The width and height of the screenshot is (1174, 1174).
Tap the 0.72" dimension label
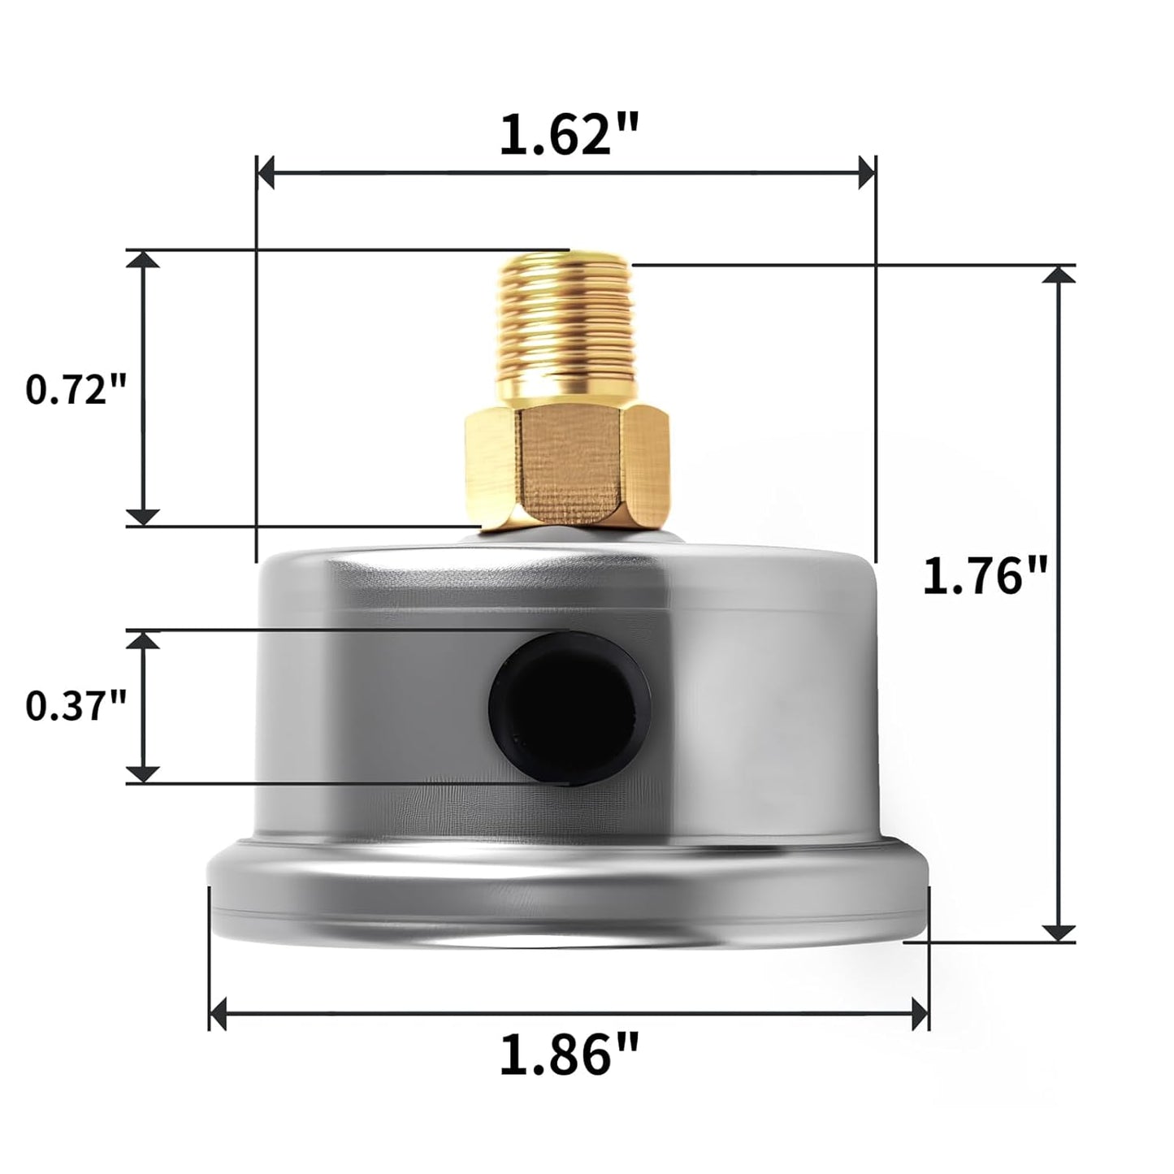77,390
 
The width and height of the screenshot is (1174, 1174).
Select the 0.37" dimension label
77,705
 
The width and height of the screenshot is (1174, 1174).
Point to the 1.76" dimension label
981,577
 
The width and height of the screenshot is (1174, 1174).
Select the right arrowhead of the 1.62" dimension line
866,172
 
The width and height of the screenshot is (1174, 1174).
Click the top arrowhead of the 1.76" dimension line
1058,275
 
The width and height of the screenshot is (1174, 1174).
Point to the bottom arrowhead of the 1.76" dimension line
1058,932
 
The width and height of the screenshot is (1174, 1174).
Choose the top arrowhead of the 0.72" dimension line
144,260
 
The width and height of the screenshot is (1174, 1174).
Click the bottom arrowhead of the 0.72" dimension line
144,516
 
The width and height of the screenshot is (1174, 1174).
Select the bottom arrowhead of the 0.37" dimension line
144,773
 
